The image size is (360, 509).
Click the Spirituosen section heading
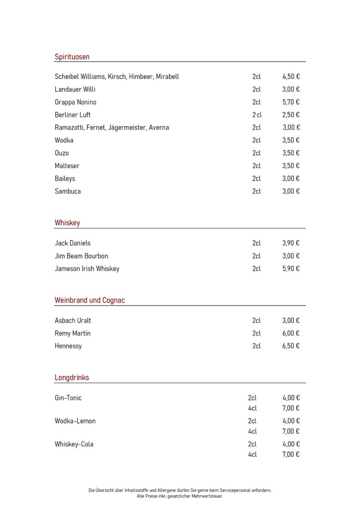pos(72,57)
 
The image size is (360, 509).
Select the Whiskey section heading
pos(67,223)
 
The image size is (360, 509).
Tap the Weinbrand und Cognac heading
pos(90,300)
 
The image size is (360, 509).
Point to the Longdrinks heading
pos(72,378)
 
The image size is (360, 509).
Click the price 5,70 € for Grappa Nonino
pos(291,102)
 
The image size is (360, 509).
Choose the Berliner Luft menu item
pos(73,115)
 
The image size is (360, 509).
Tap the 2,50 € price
pos(291,115)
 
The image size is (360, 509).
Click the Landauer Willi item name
pos(75,89)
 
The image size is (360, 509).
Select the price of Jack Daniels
pos(291,244)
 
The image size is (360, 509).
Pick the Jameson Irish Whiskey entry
pos(87,269)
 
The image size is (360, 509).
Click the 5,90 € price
pos(291,269)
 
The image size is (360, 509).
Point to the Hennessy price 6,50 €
pos(291,346)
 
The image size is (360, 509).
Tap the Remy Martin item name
pos(73,334)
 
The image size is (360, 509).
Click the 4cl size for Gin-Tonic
pos(253,409)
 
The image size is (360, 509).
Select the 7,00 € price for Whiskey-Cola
pos(291,455)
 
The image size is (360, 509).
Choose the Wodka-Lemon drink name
pos(75,421)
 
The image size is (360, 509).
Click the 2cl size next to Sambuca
pos(257,191)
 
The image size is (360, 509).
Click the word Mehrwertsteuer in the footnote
pos(208,496)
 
